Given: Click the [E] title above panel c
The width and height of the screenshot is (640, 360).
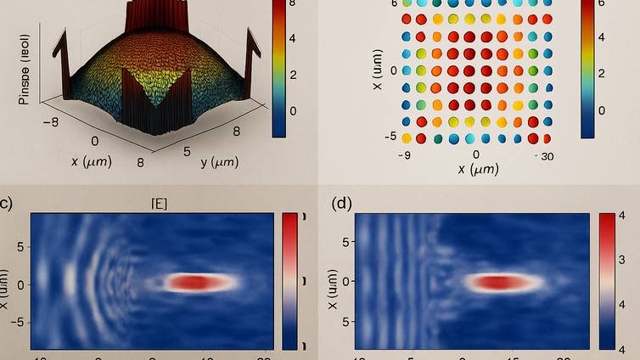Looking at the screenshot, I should point(157,202).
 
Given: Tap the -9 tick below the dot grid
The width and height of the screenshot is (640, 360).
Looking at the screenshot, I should point(405,155).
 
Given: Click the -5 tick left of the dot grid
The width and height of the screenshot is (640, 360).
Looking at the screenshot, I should point(391,137).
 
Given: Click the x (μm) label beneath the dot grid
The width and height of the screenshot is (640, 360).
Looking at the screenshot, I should point(477,170).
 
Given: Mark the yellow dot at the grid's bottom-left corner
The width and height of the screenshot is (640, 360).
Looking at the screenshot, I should point(407,138).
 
